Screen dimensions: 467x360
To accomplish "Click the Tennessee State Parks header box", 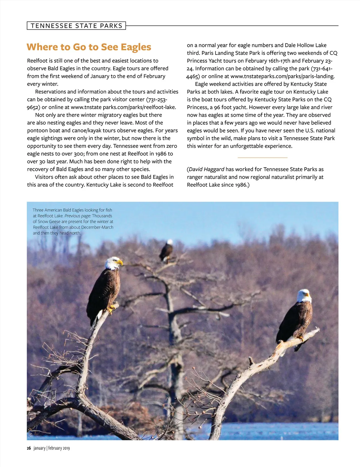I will (76, 26).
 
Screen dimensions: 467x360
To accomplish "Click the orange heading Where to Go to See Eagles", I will (89, 47).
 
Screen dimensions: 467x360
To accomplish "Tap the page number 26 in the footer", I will (29, 448).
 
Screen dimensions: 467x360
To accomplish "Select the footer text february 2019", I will (59, 448).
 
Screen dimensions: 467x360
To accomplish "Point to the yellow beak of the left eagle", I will (120, 263).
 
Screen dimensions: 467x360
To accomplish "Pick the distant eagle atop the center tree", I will (166, 250).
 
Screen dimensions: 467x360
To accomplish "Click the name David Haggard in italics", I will (206, 169).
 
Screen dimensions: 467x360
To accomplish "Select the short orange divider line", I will (262, 157).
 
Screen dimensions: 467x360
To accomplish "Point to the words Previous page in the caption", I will (78, 216).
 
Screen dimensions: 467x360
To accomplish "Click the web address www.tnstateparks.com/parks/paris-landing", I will (282, 76).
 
